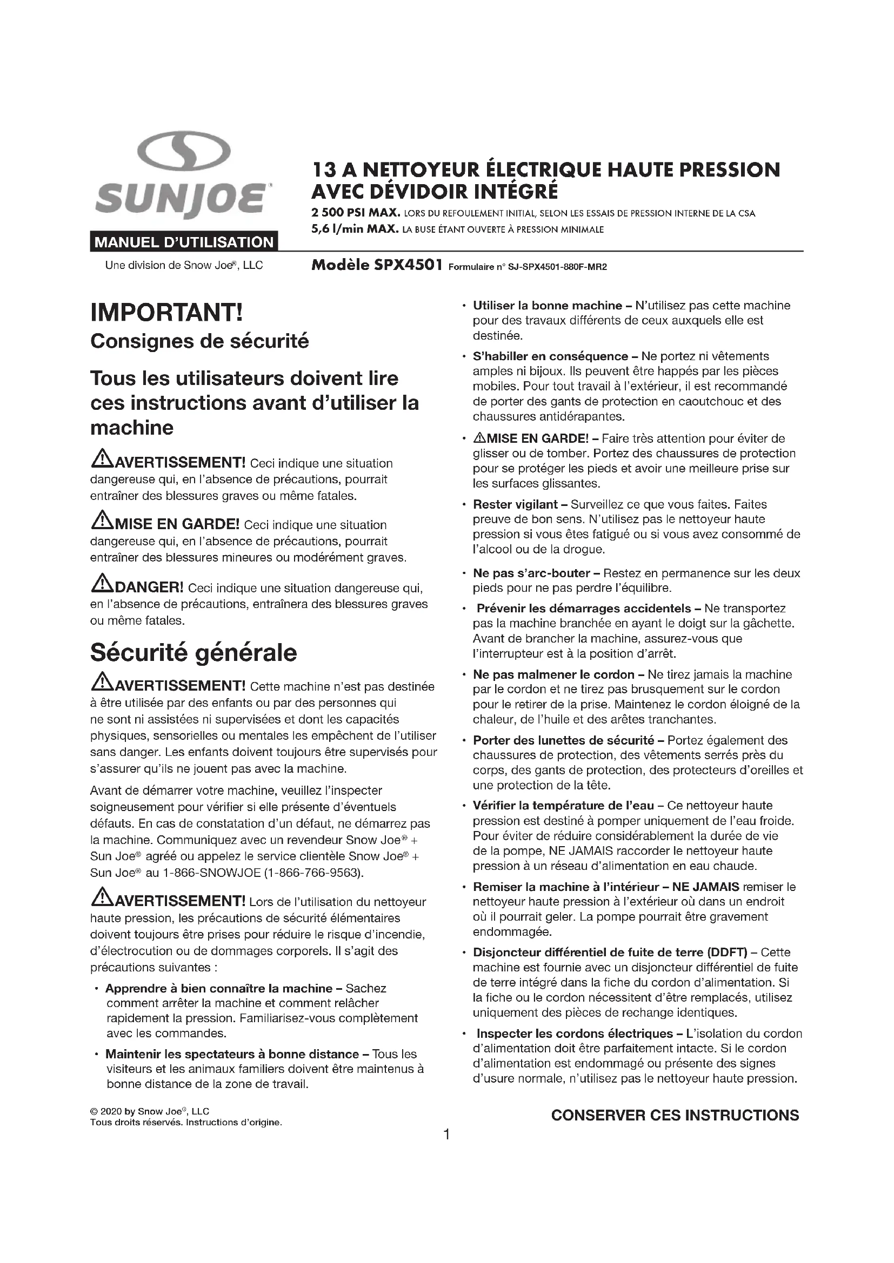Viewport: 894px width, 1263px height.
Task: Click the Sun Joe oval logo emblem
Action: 183,152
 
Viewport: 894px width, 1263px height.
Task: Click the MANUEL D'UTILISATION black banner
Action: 184,242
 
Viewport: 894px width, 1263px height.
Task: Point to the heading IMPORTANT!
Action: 166,313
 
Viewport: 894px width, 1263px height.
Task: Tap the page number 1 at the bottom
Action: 447,1134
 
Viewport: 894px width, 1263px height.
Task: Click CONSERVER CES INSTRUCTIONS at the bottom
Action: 675,1115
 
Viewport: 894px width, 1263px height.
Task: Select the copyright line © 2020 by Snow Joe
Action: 150,1111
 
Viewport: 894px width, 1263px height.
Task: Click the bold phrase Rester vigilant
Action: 515,504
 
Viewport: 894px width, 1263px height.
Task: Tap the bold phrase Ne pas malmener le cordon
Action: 554,674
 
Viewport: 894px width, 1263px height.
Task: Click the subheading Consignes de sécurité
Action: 199,341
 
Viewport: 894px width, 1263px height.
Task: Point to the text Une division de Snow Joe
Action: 184,265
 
